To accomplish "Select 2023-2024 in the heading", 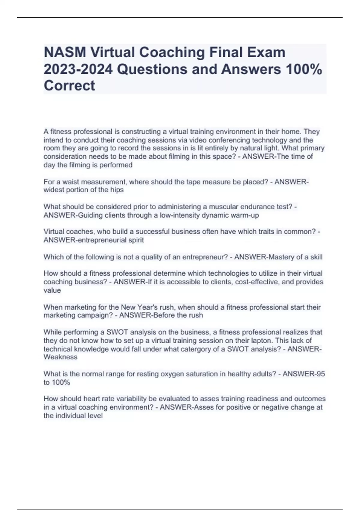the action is pyautogui.click(x=78, y=69).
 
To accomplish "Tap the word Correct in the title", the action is pyautogui.click(x=69, y=85).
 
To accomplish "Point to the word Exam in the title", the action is pyautogui.click(x=269, y=52).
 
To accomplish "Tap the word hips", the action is pyautogui.click(x=117, y=190).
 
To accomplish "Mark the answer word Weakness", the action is pyautogui.click(x=60, y=357).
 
